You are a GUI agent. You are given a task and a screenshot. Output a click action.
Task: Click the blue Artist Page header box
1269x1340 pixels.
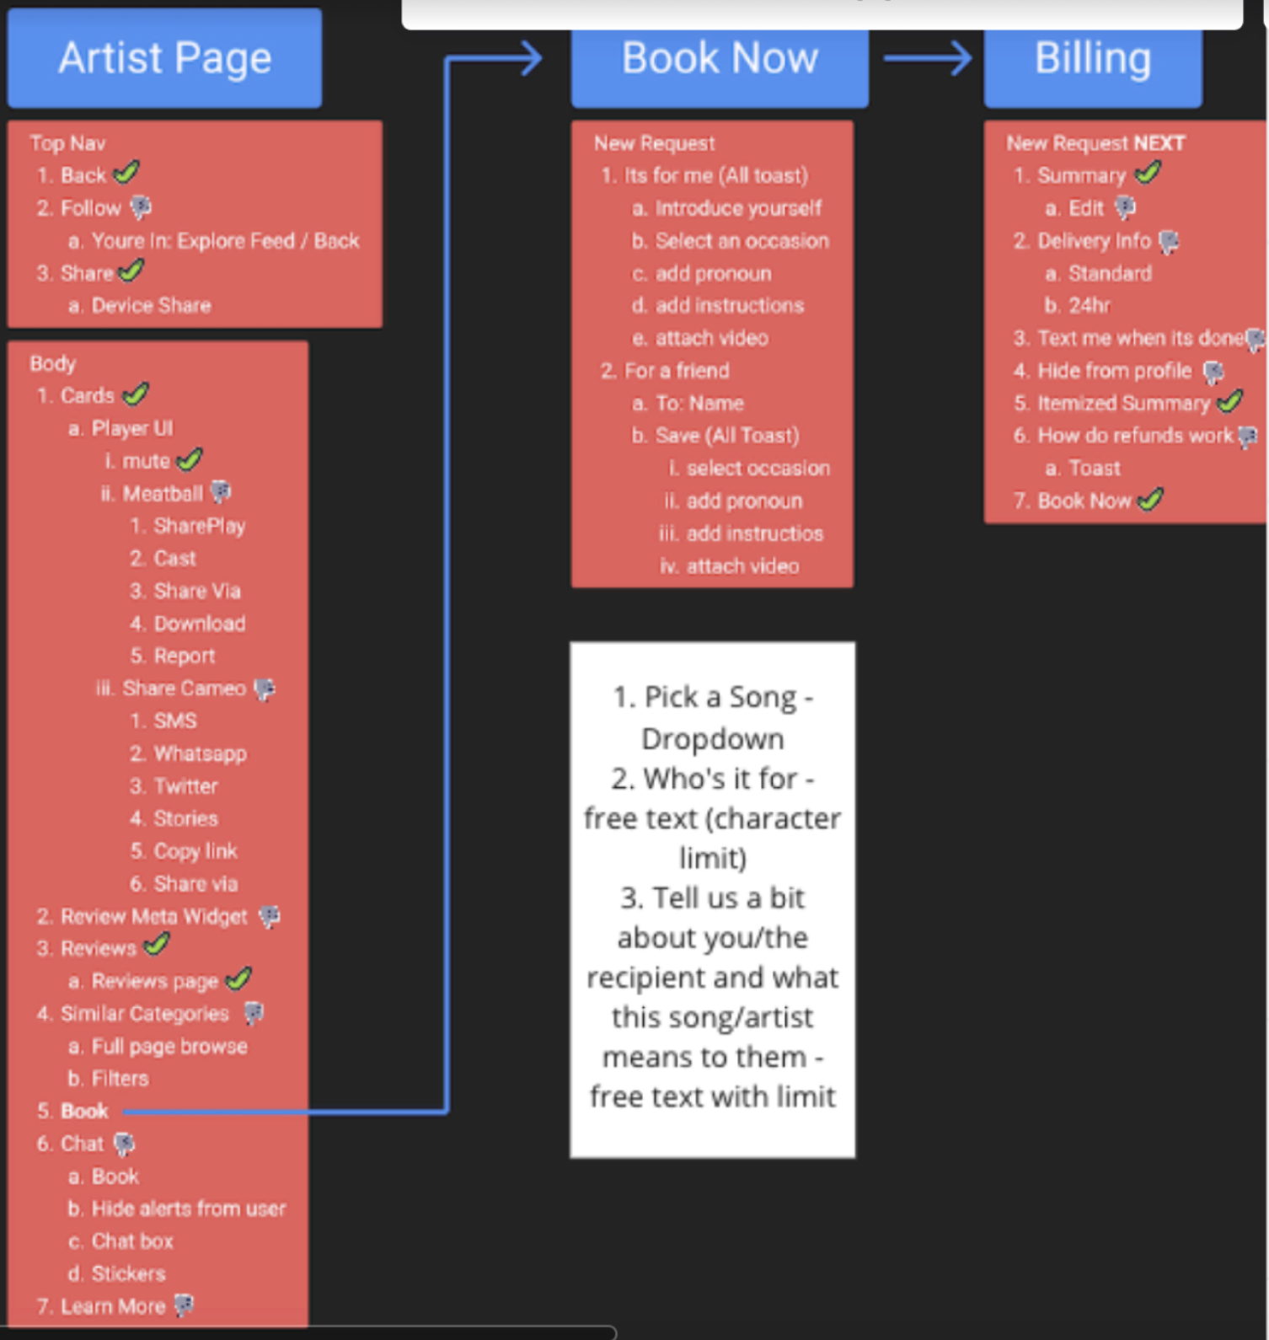(164, 58)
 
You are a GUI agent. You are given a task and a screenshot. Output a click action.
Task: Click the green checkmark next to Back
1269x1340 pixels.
(127, 174)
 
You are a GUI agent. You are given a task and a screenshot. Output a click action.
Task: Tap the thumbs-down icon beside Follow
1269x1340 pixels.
(141, 207)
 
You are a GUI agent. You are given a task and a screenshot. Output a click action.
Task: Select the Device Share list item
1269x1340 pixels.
(151, 306)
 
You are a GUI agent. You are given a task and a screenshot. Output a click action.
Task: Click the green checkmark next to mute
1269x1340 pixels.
(190, 460)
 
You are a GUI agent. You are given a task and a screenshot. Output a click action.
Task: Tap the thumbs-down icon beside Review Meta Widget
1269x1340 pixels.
(269, 916)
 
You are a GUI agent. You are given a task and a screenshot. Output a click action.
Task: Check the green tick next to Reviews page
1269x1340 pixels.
(239, 979)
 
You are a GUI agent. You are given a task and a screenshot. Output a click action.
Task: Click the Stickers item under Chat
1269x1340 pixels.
(128, 1273)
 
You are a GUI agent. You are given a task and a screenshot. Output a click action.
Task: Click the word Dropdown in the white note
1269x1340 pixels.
(713, 739)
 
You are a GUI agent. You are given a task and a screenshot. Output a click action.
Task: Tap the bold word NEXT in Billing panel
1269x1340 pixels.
(1159, 143)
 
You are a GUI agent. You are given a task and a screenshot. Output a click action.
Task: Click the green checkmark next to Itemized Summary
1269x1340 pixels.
(1230, 402)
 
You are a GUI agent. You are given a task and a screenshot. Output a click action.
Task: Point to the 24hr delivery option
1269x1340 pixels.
(1090, 306)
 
